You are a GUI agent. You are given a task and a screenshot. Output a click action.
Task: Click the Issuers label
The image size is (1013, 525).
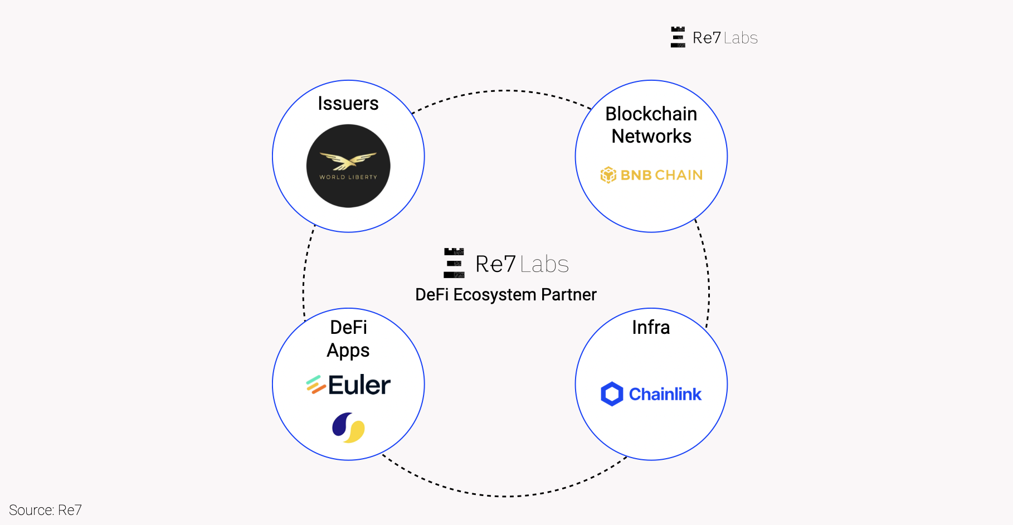pyautogui.click(x=348, y=104)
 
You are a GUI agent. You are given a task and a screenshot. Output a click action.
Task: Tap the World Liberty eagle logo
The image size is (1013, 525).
pyautogui.click(x=348, y=166)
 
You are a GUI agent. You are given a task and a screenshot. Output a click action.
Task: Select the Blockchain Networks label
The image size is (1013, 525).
pyautogui.click(x=651, y=125)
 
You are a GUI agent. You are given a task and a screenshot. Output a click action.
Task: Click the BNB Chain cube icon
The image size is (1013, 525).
pyautogui.click(x=608, y=175)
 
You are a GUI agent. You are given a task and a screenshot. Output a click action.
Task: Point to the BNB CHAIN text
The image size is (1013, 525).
pyautogui.click(x=661, y=175)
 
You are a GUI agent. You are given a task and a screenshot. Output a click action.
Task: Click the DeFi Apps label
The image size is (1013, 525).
pyautogui.click(x=348, y=338)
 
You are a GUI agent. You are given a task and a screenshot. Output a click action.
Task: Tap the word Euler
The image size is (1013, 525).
pyautogui.click(x=359, y=385)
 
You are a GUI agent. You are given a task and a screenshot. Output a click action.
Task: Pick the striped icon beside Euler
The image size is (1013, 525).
pyautogui.click(x=315, y=385)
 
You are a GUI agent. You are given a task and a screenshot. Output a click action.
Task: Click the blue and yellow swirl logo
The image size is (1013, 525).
pyautogui.click(x=348, y=427)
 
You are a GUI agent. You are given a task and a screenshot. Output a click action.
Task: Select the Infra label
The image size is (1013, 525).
pyautogui.click(x=651, y=327)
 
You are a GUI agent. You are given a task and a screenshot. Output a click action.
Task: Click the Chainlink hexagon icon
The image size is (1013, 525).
pyautogui.click(x=612, y=394)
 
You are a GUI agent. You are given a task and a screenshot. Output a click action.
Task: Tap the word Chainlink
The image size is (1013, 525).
pyautogui.click(x=665, y=394)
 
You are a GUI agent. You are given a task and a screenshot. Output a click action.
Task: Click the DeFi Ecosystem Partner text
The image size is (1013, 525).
pyautogui.click(x=505, y=294)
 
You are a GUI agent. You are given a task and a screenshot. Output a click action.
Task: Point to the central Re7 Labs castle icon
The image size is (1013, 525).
pyautogui.click(x=454, y=263)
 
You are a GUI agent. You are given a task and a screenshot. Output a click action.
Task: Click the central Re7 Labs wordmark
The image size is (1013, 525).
pyautogui.click(x=522, y=264)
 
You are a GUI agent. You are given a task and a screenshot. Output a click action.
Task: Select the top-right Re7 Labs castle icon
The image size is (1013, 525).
pyautogui.click(x=678, y=37)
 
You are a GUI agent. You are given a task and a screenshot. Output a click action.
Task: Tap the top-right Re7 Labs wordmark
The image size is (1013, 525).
pyautogui.click(x=725, y=38)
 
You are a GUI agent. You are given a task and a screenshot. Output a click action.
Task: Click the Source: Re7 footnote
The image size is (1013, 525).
pyautogui.click(x=45, y=510)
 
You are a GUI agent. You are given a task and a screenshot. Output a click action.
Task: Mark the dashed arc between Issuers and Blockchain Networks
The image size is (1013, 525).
pyautogui.click(x=504, y=90)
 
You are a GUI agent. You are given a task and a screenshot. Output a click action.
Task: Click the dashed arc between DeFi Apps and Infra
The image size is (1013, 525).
pyautogui.click(x=504, y=495)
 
